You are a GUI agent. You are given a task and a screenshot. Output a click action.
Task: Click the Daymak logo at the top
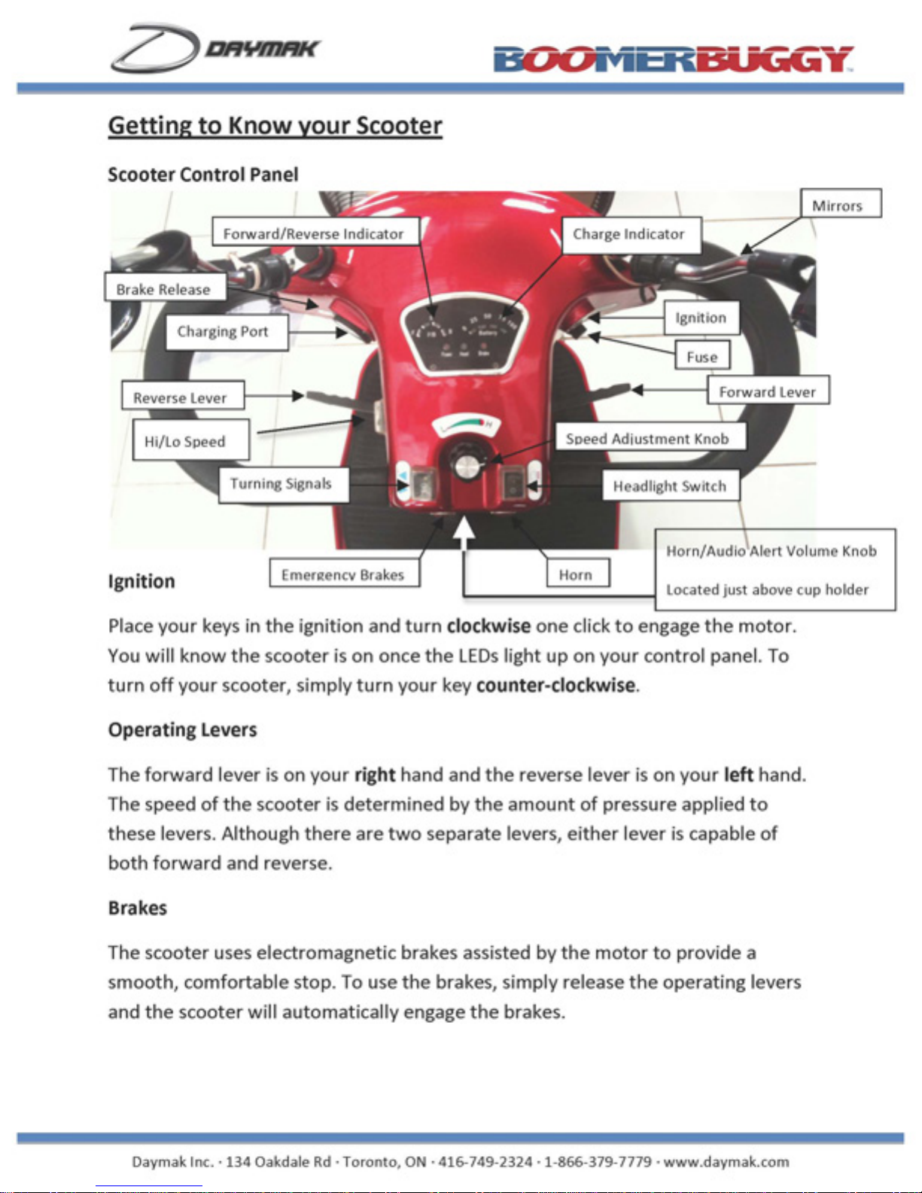tap(215, 48)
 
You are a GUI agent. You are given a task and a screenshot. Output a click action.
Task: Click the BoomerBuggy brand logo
tap(673, 59)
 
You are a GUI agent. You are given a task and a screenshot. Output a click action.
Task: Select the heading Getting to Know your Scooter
tap(275, 125)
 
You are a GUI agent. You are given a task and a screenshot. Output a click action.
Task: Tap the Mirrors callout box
tap(840, 204)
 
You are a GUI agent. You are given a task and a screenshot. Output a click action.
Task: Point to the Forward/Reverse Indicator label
tap(315, 233)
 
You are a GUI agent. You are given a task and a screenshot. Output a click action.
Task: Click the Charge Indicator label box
tap(631, 234)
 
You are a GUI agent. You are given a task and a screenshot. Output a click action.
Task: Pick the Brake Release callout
tap(164, 288)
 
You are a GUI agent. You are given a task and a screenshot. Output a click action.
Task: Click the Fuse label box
tap(702, 357)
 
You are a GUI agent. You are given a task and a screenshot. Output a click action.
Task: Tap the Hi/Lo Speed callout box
tap(190, 441)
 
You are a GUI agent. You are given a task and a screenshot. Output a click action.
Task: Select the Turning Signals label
tap(283, 484)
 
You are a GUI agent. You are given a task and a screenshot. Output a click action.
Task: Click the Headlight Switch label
tap(670, 486)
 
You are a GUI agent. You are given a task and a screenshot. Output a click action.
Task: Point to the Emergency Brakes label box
tap(344, 574)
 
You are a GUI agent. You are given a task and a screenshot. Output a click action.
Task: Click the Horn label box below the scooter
tap(577, 574)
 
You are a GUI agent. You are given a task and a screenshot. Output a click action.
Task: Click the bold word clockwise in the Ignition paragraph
tap(488, 626)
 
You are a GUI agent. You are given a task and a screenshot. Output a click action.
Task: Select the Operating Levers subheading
tap(182, 730)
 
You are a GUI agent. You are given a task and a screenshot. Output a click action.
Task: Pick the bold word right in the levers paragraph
tap(375, 775)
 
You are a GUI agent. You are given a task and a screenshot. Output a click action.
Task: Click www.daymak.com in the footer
tap(726, 1161)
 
